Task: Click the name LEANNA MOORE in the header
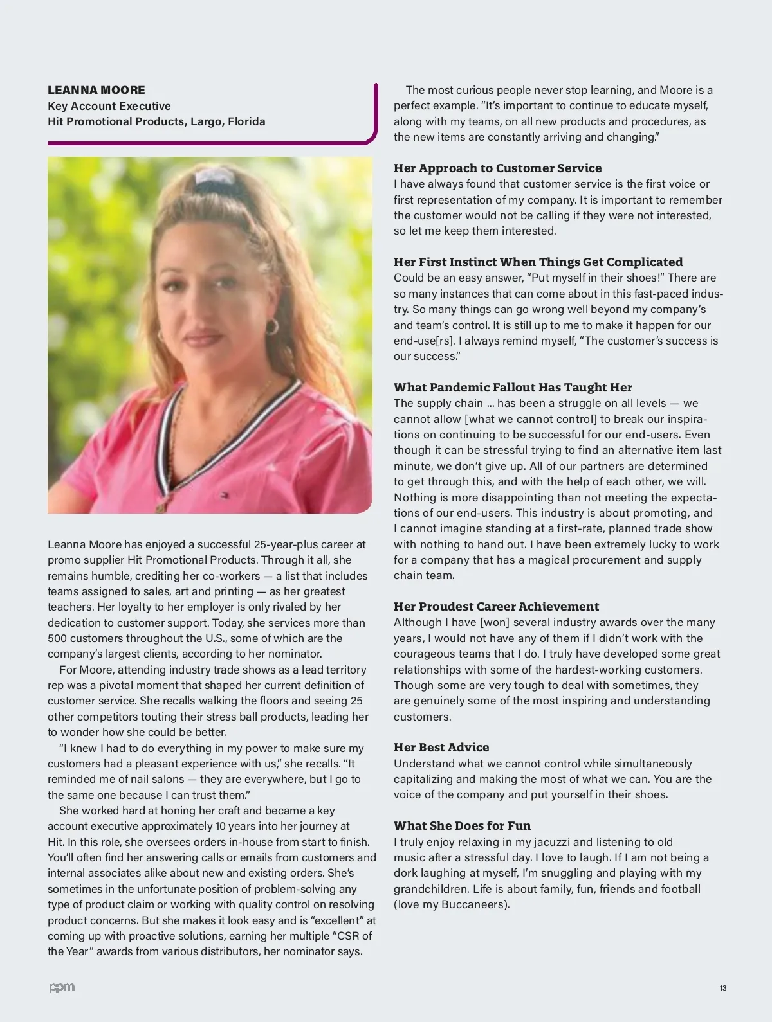pos(96,90)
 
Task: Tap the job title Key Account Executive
pos(109,106)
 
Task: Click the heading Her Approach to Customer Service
pos(497,168)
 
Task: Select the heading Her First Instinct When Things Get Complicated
pos(538,262)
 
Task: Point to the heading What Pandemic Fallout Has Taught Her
pos(513,388)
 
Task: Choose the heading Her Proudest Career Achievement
pos(496,607)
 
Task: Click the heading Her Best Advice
pos(441,748)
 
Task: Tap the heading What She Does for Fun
pos(462,826)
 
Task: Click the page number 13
pos(723,988)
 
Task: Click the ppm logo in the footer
pos(62,987)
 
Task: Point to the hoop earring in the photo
pos(272,326)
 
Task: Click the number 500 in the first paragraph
pos(57,638)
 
